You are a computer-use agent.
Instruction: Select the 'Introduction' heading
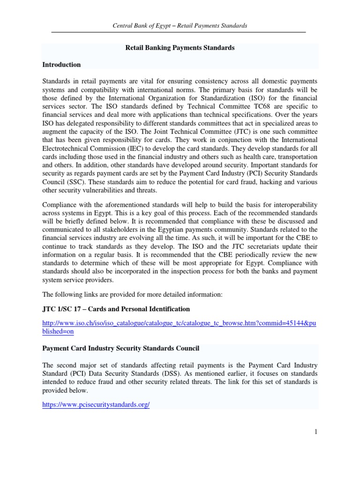click(61, 65)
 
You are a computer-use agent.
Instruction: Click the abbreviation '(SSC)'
click(75, 182)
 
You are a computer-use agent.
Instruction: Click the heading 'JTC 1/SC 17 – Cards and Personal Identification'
click(116, 309)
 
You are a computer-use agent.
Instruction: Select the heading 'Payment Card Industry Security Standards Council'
click(121, 348)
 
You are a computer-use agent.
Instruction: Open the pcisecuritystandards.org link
click(96, 405)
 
